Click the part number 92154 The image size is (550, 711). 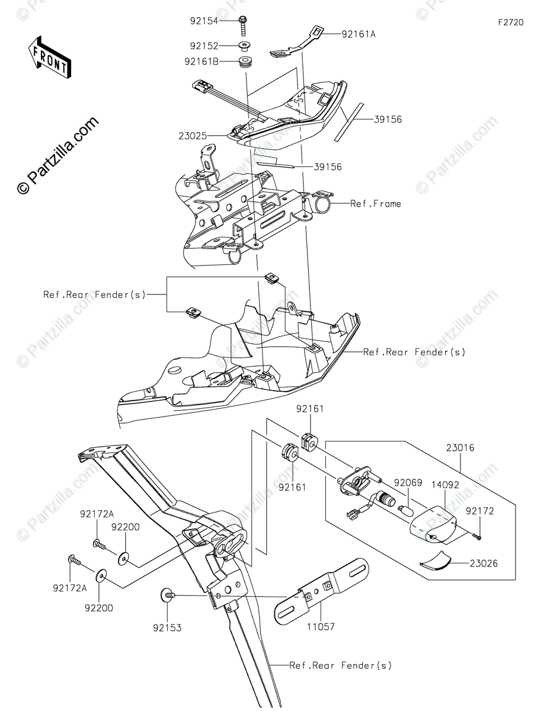[204, 21]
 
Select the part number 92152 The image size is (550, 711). [204, 46]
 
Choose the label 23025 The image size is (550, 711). [193, 136]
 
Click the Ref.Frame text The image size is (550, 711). [376, 204]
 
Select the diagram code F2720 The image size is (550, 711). [510, 23]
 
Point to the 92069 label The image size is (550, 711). [408, 483]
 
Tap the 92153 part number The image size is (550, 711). [168, 627]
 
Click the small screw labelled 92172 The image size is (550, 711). [478, 537]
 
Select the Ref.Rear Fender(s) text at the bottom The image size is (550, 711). [341, 665]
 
